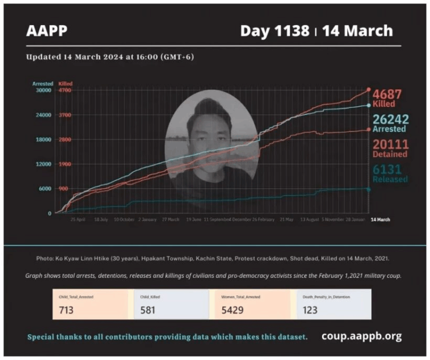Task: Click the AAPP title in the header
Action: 46,31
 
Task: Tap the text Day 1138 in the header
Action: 274,31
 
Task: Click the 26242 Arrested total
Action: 390,123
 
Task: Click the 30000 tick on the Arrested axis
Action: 43,90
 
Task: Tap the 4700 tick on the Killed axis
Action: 64,90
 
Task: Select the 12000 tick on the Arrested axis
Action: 43,164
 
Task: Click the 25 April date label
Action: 77,219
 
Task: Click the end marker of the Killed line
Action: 368,90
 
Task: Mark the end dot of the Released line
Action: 368,189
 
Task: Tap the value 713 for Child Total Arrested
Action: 66,310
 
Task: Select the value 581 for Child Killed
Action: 147,310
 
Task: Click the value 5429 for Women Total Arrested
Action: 232,310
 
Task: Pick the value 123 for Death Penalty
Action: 310,310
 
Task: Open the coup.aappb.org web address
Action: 361,336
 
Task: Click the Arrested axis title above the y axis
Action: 43,83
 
